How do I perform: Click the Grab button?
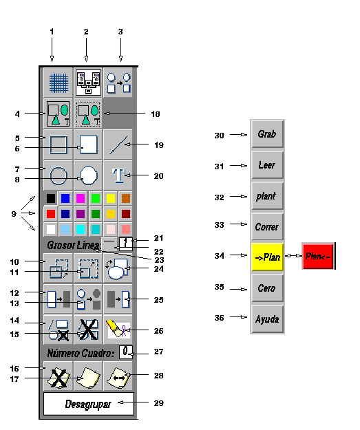267,134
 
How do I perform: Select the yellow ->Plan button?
267,257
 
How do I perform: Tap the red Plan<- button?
318,256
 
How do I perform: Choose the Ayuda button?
267,319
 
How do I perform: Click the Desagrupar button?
89,404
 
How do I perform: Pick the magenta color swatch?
81,198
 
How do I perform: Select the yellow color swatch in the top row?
111,198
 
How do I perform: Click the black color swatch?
51,198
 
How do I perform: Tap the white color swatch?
51,229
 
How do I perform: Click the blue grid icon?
59,83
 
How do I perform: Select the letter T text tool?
118,175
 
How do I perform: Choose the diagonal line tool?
118,144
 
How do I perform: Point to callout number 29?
158,403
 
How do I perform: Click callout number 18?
156,114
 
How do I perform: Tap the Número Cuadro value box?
126,352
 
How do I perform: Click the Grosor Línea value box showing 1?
126,244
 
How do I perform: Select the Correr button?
267,226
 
